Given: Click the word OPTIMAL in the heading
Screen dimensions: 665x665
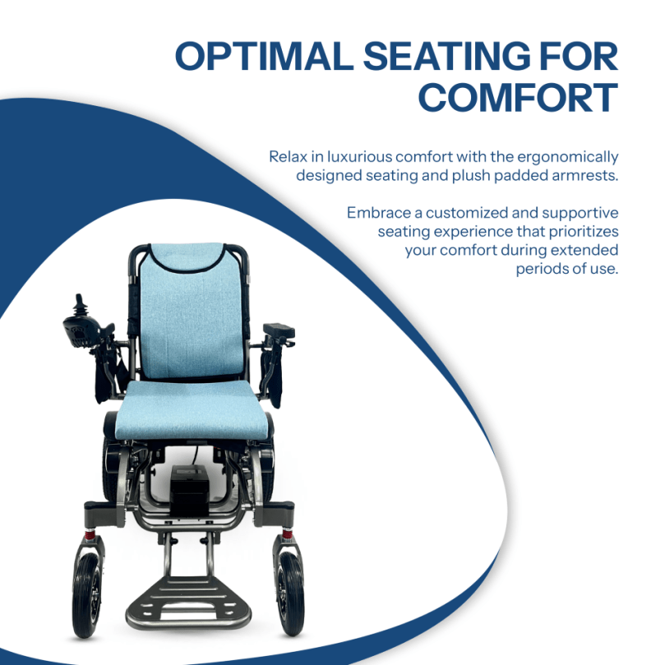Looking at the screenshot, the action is (264, 56).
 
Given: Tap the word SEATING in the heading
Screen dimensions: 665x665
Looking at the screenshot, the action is (447, 56).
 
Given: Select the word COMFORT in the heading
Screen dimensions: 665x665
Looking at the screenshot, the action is (518, 98).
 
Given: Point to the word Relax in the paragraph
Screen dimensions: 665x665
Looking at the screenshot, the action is (288, 156).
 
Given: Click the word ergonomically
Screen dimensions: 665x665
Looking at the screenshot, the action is (567, 158).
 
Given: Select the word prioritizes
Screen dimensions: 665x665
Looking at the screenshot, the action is (584, 232).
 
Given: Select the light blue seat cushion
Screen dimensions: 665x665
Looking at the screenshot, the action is (193, 409).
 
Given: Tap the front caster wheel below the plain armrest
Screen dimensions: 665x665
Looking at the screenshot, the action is (290, 593).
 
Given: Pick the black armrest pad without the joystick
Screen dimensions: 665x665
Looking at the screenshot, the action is (279, 330).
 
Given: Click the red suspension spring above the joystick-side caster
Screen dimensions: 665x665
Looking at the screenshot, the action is (90, 534).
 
